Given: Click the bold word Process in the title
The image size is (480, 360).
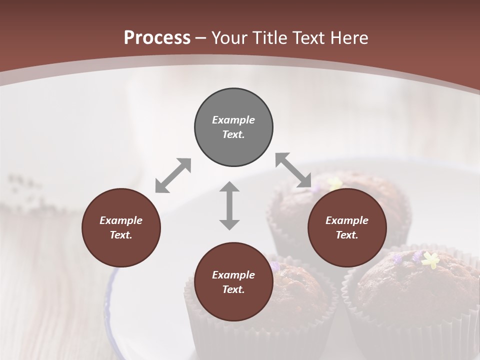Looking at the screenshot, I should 157,38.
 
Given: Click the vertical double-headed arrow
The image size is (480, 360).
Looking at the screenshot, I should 229,205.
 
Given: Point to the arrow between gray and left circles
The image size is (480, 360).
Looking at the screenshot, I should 173,175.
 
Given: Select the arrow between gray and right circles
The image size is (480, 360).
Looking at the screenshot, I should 293,170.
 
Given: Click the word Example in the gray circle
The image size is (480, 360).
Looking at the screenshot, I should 233,120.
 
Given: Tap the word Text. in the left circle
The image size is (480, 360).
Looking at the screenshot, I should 121,235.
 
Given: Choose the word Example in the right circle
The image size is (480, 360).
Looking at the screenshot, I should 347,220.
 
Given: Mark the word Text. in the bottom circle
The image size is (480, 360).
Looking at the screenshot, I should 233,289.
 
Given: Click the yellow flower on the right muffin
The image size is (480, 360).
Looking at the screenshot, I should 430,259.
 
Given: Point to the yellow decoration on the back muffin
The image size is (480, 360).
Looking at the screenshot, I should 336,183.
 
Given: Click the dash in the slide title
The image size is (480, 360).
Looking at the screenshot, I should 201,38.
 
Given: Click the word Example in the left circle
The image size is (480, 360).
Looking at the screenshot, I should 121,220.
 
